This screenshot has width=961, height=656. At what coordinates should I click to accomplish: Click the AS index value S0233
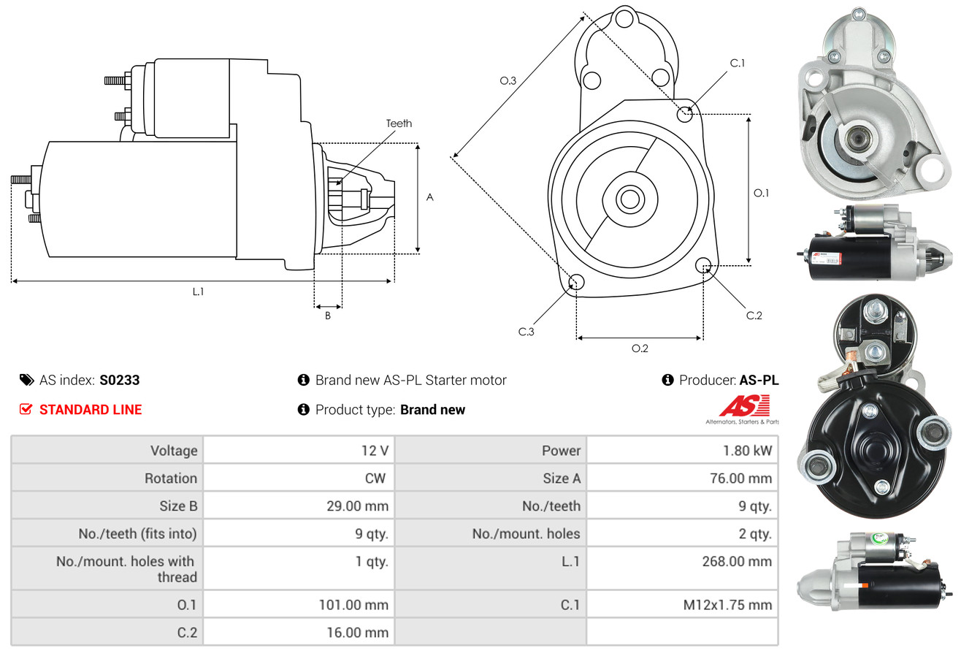119,380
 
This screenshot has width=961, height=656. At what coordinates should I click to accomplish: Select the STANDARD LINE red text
91,410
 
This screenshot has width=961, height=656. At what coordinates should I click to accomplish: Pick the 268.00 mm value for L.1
739,562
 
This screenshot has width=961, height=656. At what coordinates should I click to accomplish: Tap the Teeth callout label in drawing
399,123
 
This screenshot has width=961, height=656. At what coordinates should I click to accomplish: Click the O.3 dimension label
508,81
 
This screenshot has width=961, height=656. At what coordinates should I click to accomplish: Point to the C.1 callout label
738,63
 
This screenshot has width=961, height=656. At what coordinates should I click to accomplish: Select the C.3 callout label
527,332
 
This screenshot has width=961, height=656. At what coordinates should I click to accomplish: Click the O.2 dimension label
640,348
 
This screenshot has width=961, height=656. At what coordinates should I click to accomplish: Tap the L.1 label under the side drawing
198,291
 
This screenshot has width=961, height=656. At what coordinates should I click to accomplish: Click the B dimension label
328,316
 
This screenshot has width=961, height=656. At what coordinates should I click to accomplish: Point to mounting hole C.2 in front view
704,264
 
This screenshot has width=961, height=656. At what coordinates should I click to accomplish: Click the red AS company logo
743,406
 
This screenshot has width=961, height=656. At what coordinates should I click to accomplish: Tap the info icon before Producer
667,380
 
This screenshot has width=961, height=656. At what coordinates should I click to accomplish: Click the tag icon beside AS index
26,380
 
